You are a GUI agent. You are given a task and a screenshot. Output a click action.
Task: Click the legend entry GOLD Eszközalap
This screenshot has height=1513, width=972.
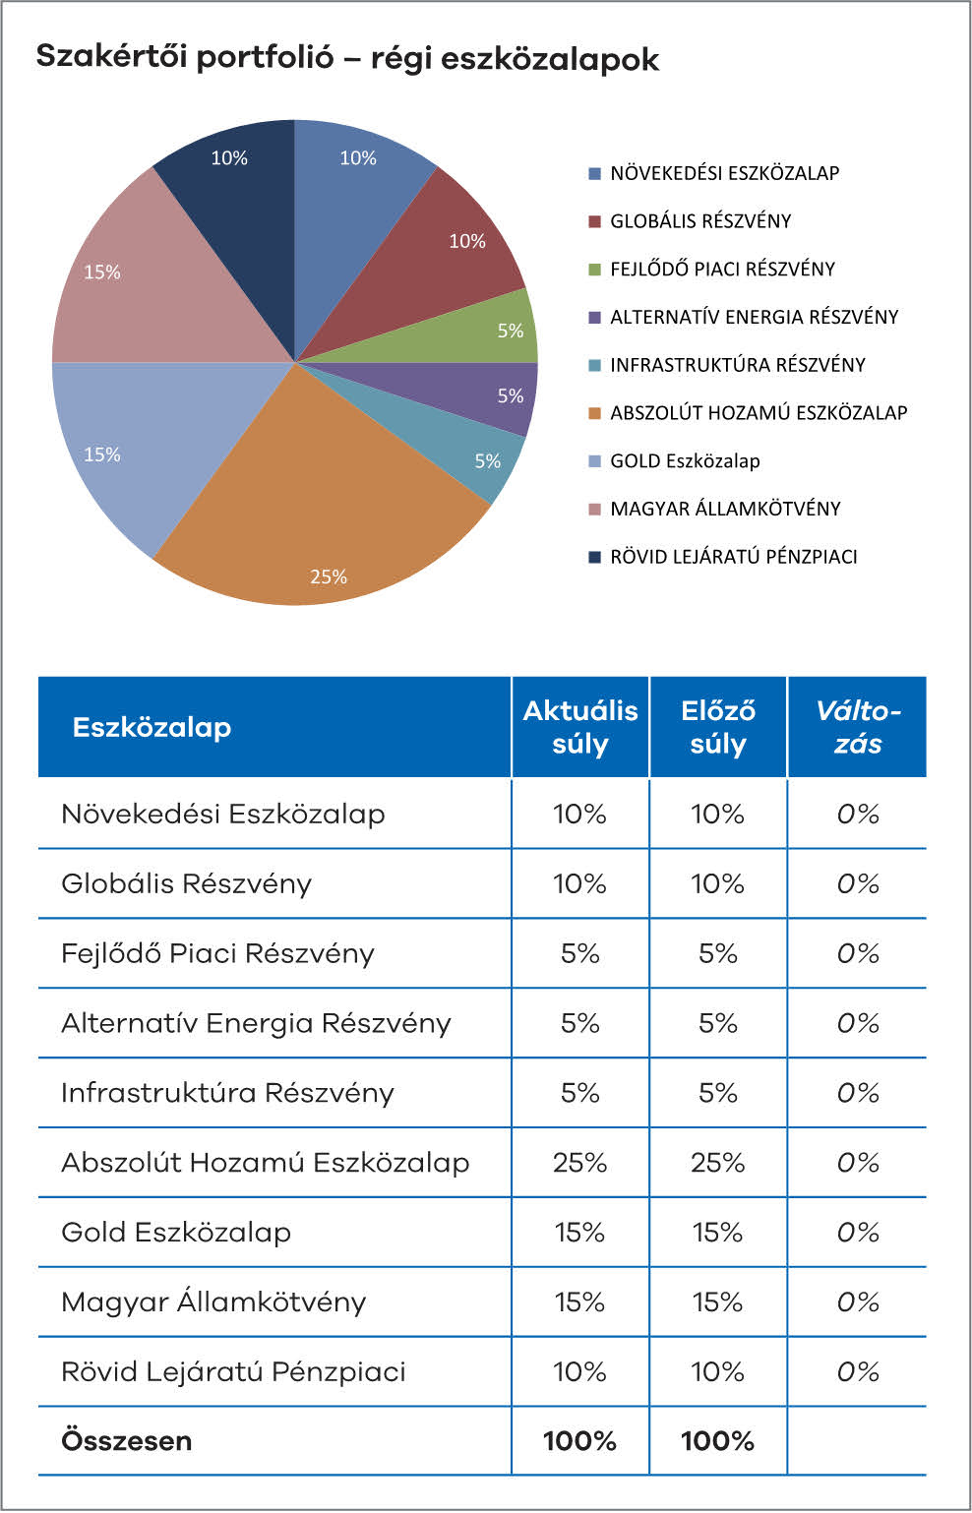(685, 461)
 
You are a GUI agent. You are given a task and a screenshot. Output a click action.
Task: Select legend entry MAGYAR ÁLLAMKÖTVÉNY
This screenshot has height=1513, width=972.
(725, 510)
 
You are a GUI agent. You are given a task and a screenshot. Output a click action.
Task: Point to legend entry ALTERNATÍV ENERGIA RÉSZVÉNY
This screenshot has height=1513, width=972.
(754, 318)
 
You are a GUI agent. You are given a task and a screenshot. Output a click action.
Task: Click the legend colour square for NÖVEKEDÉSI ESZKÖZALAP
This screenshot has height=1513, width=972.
(594, 174)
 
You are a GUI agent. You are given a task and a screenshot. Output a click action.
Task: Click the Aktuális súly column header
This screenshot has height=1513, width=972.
(579, 727)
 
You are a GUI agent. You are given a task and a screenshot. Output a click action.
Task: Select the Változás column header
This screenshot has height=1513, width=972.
(857, 727)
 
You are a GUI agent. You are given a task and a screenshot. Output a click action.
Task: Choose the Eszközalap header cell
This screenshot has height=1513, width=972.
(152, 728)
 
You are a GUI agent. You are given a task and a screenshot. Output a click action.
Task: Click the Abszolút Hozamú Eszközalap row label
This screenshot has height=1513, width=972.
(265, 1163)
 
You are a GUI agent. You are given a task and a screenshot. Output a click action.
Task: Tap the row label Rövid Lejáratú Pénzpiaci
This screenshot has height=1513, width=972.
(233, 1371)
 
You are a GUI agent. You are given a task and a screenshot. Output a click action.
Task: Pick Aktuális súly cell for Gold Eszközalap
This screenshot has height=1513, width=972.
(579, 1233)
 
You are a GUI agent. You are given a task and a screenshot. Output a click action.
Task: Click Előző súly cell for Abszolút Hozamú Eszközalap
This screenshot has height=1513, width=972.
(717, 1163)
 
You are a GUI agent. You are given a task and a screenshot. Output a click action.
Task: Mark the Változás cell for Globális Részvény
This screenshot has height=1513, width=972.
(857, 883)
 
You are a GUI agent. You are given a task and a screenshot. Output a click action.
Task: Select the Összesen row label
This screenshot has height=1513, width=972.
(126, 1441)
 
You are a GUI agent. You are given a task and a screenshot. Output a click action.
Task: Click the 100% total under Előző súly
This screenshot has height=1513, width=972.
(717, 1441)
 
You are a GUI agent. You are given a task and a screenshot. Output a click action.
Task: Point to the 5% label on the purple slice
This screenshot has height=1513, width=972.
(510, 396)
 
